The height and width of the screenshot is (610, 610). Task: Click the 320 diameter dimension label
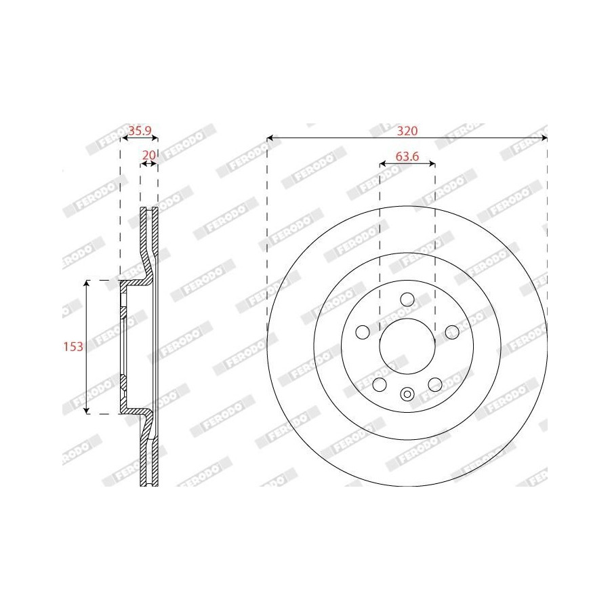(407, 131)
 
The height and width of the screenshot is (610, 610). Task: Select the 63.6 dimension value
(407, 157)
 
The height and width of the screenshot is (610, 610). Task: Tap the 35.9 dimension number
(140, 131)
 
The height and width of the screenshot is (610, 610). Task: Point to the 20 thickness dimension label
(149, 155)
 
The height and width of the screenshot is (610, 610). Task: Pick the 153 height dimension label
(73, 346)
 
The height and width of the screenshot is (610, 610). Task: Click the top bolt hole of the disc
(407, 300)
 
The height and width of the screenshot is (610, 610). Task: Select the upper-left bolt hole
(363, 332)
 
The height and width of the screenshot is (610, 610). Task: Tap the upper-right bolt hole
(452, 332)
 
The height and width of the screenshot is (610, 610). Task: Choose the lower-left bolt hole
(380, 384)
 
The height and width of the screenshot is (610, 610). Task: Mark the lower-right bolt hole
(435, 384)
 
